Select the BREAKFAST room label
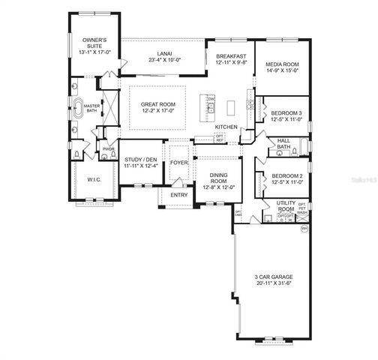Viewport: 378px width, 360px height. coord(231,57)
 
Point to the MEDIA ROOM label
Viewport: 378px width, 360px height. coord(282,65)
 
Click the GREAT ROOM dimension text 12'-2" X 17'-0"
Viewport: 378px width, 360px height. coord(157,111)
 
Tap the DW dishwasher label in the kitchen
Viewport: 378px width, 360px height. coord(212,99)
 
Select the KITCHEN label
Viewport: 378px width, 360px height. coord(226,127)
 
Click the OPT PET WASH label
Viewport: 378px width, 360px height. coord(302,208)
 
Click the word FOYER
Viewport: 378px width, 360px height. coord(179,163)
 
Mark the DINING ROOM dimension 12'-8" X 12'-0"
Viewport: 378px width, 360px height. coord(217,187)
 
